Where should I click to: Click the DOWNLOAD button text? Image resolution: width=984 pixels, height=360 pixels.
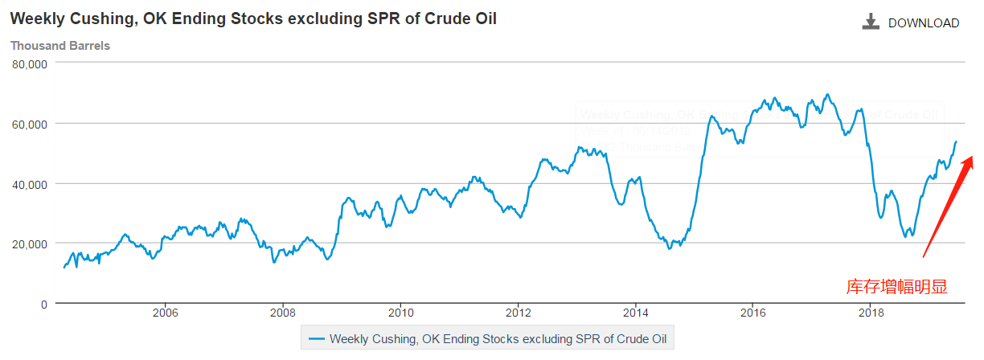click(x=923, y=23)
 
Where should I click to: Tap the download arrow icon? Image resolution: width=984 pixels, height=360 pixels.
click(x=871, y=22)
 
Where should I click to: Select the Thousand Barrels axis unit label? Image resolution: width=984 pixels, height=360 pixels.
click(x=60, y=46)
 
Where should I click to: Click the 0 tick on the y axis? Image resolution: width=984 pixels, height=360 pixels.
click(x=43, y=304)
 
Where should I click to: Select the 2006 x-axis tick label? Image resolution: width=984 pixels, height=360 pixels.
click(x=165, y=313)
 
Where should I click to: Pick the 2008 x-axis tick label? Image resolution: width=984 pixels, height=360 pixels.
click(x=283, y=313)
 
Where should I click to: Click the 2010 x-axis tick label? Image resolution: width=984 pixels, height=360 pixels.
click(x=400, y=313)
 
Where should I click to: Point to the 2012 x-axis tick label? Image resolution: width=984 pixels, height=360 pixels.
click(x=519, y=313)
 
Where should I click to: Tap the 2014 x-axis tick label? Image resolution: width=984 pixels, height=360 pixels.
click(x=636, y=313)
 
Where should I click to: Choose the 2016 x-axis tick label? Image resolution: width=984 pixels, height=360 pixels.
click(x=752, y=313)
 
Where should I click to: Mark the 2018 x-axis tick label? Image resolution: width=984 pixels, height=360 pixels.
click(x=870, y=313)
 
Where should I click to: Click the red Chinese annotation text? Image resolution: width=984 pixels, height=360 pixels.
click(x=897, y=286)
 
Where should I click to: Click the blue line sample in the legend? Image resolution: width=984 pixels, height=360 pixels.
click(x=316, y=338)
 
